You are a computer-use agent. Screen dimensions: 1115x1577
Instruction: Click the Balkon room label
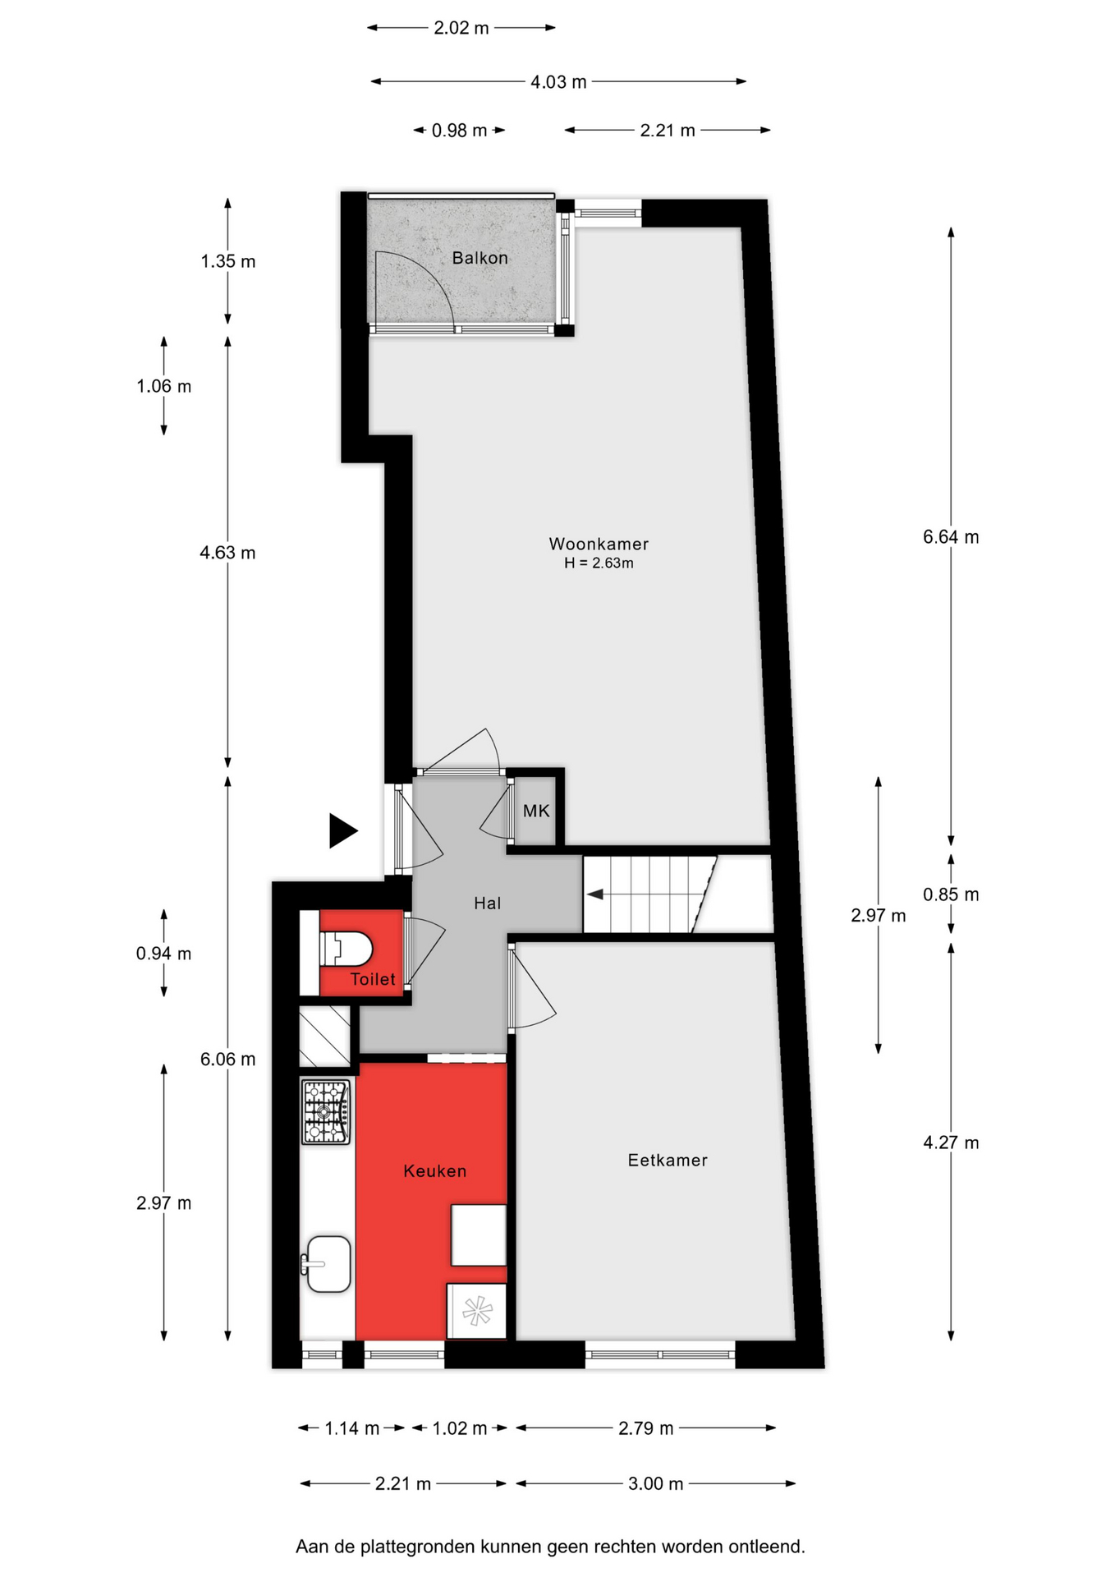480,258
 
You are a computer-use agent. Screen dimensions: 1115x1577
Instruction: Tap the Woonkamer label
599,544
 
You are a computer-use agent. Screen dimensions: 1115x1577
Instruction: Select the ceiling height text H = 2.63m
599,563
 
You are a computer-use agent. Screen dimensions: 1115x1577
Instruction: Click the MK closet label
536,811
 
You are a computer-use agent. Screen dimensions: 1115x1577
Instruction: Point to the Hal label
487,903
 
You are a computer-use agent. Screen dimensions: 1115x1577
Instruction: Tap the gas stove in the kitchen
326,1112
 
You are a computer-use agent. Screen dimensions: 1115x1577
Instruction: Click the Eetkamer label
668,1160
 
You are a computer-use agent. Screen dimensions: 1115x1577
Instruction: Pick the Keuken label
435,1171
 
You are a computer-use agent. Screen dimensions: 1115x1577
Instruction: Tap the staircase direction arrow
595,894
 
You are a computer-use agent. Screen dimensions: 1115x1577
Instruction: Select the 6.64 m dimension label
951,537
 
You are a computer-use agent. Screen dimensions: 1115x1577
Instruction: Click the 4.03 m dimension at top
558,82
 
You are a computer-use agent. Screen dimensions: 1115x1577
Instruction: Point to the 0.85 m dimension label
951,894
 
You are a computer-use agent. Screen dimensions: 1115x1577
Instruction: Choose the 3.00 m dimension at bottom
655,1483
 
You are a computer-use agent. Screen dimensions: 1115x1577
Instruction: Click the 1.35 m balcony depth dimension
228,261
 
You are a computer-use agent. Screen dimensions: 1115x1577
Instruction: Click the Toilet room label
373,979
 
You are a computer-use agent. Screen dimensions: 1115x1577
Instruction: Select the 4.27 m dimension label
951,1143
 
